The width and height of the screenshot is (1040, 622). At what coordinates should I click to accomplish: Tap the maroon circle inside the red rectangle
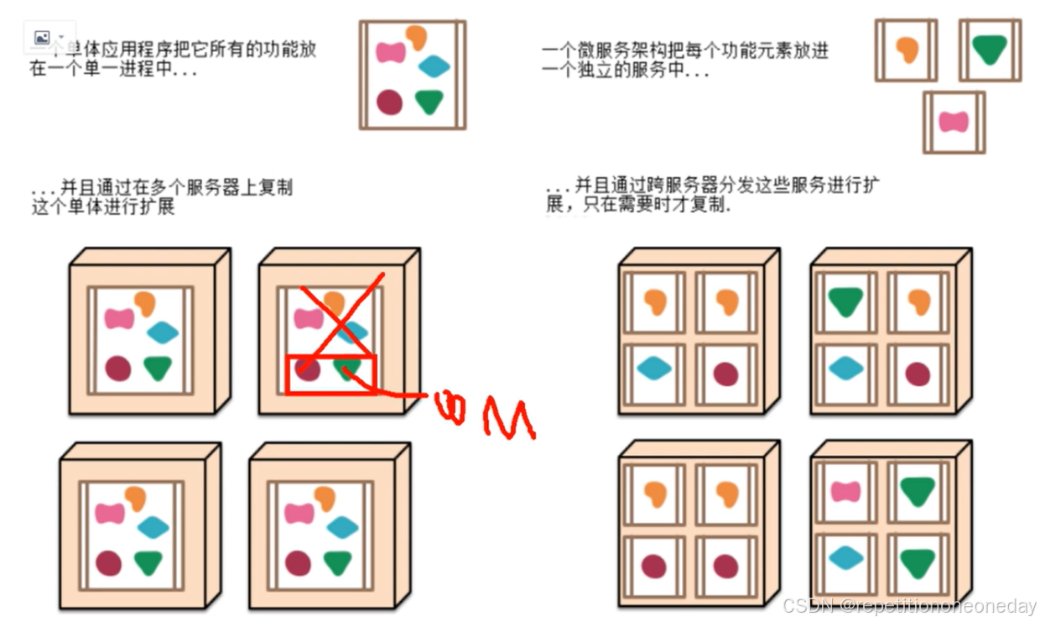coord(308,370)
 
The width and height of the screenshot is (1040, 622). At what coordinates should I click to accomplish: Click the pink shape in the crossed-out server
coord(308,319)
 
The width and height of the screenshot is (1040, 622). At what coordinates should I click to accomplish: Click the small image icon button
coord(41,38)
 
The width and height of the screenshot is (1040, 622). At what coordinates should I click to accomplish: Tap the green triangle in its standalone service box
coord(990,50)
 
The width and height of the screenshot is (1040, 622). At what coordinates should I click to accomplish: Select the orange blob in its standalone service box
coord(907,50)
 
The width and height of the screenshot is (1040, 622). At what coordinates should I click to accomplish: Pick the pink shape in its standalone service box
coord(954,122)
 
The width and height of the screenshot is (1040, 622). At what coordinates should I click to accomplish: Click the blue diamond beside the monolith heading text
coord(434,66)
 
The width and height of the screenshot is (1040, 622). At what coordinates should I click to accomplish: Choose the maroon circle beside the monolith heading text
coord(389,102)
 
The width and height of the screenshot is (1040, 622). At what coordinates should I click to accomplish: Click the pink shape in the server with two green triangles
coord(845,491)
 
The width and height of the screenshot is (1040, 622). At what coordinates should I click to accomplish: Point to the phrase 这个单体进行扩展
coord(103,206)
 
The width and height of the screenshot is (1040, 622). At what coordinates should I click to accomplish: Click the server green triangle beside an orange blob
coord(845,301)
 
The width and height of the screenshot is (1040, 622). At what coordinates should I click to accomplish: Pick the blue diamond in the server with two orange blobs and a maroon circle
coord(654,368)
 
